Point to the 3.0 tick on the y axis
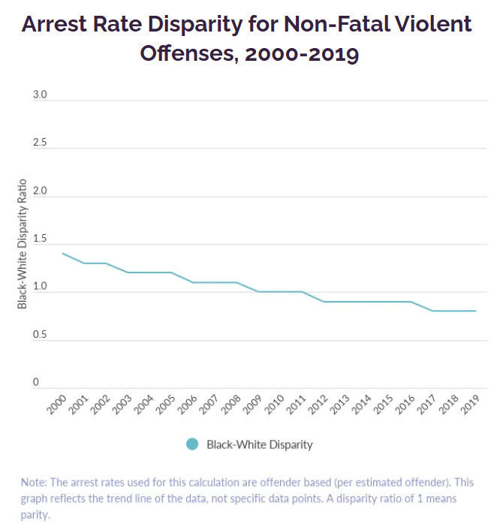pyautogui.click(x=40, y=95)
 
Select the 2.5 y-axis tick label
pyautogui.click(x=40, y=143)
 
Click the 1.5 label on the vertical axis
pyautogui.click(x=40, y=239)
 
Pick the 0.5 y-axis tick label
pyautogui.click(x=40, y=335)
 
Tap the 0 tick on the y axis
pyautogui.click(x=35, y=382)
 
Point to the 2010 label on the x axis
pyautogui.click(x=275, y=406)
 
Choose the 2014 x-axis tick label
pyautogui.click(x=362, y=406)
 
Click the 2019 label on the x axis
pyautogui.click(x=471, y=406)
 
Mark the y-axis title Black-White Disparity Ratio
pyautogui.click(x=23, y=243)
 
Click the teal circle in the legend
pyautogui.click(x=192, y=444)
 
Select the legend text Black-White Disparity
pyautogui.click(x=259, y=444)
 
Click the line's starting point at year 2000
pyautogui.click(x=62, y=254)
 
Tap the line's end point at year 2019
pyautogui.click(x=476, y=311)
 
